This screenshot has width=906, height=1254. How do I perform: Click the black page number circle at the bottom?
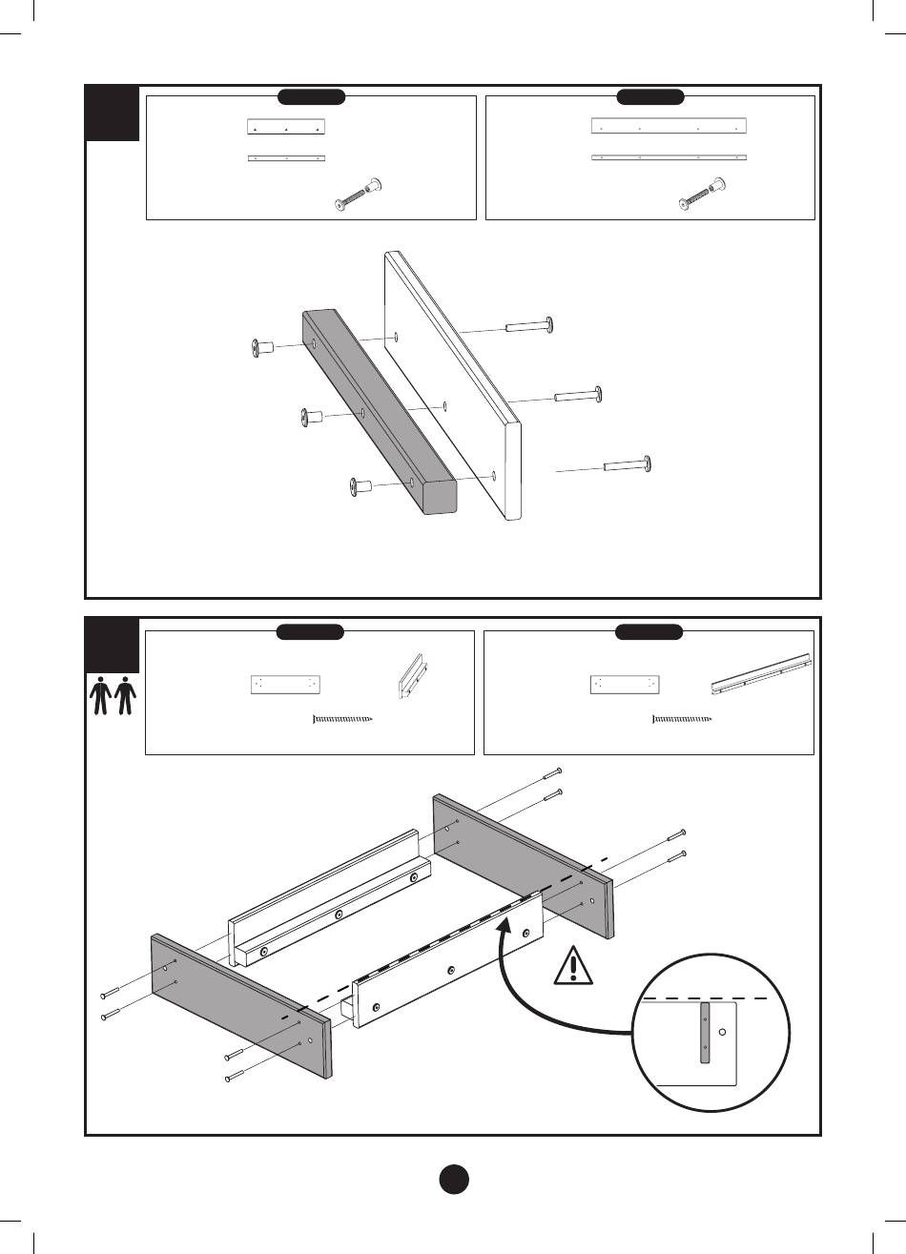[x=454, y=1179]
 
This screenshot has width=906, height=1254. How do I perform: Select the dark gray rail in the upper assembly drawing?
[x=380, y=410]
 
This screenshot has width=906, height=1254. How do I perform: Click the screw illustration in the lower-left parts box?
[x=343, y=719]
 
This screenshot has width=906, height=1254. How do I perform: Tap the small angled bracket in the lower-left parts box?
[x=411, y=678]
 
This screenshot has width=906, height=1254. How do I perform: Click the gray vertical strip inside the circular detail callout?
[x=705, y=1032]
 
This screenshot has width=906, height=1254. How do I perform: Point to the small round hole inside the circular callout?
[x=724, y=1032]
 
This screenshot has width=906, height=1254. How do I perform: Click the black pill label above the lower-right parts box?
[x=649, y=631]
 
